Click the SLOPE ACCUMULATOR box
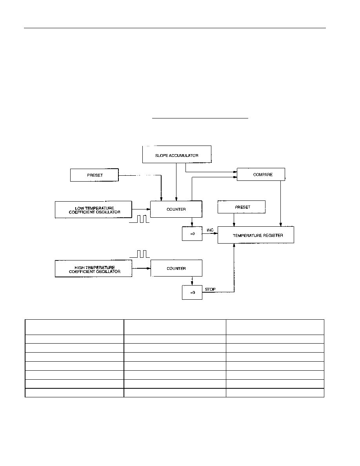coord(177,154)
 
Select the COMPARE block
coord(261,175)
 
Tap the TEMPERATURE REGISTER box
coord(256,235)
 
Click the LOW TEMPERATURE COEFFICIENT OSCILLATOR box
coord(94,210)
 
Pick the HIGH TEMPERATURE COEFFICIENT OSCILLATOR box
coord(94,269)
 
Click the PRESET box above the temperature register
coord(242,207)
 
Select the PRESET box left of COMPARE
coord(95,175)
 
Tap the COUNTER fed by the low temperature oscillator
coord(176,209)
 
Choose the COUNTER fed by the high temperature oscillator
coord(176,268)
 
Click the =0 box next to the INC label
coord(192,234)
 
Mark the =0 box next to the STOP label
coord(192,293)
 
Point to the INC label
coord(210,230)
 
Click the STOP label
coord(210,289)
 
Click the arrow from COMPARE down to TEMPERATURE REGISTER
coord(281,204)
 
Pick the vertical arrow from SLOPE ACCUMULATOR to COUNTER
coord(176,182)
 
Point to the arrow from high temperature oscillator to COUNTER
coord(142,268)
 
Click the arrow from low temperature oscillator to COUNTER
coord(141,209)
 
